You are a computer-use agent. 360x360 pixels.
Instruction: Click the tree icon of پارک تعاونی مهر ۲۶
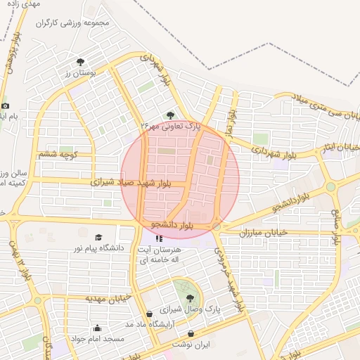pyautogui.click(x=169, y=115)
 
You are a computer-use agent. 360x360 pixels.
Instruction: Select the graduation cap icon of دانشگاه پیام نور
pyautogui.click(x=98, y=238)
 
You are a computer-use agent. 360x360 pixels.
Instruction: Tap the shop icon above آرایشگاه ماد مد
pyautogui.click(x=149, y=314)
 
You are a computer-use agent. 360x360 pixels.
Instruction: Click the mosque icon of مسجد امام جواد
pyautogui.click(x=97, y=328)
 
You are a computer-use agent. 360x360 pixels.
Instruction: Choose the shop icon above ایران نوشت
pyautogui.click(x=191, y=333)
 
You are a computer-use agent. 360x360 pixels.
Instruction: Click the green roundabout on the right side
pyautogui.click(x=330, y=186)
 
